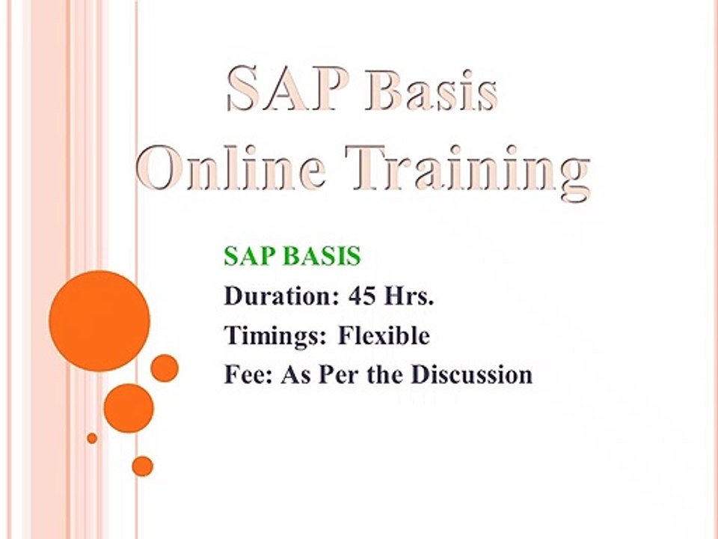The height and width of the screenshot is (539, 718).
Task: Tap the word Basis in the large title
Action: pyautogui.click(x=432, y=91)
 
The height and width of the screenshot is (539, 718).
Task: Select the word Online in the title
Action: pyautogui.click(x=231, y=168)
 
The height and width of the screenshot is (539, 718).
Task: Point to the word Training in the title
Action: pyautogui.click(x=467, y=172)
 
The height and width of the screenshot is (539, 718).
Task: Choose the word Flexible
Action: pyautogui.click(x=384, y=335)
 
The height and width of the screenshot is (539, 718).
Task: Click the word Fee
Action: pyautogui.click(x=248, y=374)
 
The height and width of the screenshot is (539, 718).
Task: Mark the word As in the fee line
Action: pyautogui.click(x=297, y=374)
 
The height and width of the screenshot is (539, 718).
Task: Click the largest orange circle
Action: pyautogui.click(x=99, y=321)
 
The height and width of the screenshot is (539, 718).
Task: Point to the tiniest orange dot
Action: pyautogui.click(x=92, y=438)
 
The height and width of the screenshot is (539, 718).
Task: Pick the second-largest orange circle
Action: pyautogui.click(x=129, y=408)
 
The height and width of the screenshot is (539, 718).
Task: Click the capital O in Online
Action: pyautogui.click(x=159, y=168)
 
